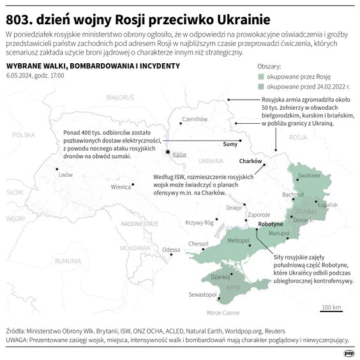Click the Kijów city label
click(x=179, y=154)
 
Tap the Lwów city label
click(x=65, y=174)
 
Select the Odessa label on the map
click(x=171, y=250)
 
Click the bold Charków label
click(x=251, y=161)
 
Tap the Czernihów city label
click(x=196, y=119)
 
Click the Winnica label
click(x=121, y=188)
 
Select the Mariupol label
click(x=280, y=234)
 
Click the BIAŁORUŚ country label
click(x=119, y=97)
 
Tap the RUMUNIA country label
click(x=68, y=261)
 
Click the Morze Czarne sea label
click(x=223, y=313)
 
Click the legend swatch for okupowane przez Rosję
click(x=260, y=75)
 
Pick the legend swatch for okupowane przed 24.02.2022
click(x=260, y=84)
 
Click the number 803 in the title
click(x=19, y=15)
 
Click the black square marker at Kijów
click(x=168, y=153)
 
